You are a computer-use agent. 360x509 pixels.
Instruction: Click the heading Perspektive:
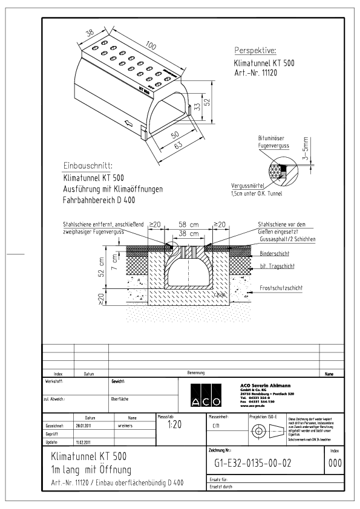pyautogui.click(x=255, y=50)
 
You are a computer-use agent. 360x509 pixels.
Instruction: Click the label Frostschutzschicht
pyautogui.click(x=284, y=288)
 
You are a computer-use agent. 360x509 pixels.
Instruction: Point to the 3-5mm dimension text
pyautogui.click(x=306, y=148)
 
